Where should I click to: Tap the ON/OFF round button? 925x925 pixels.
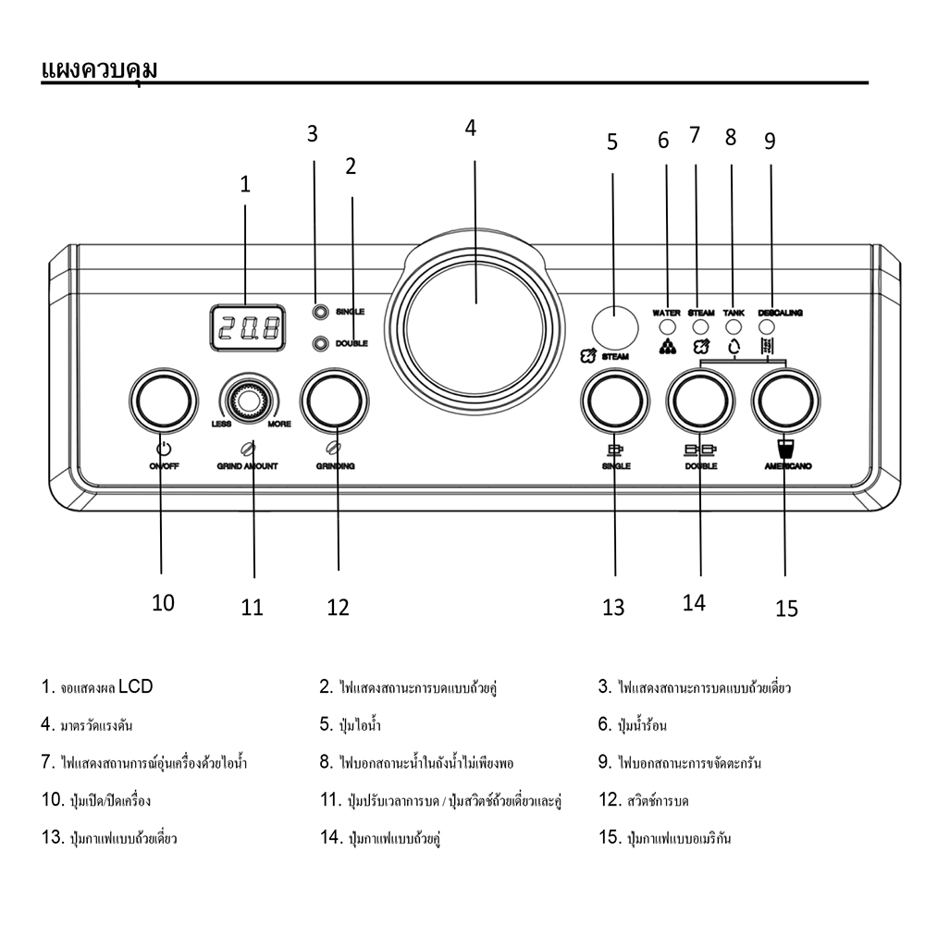pyautogui.click(x=162, y=401)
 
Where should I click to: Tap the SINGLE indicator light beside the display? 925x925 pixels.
pyautogui.click(x=321, y=313)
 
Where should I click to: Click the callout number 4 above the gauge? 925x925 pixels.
pyautogui.click(x=471, y=129)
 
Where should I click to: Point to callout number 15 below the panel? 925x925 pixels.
pyautogui.click(x=786, y=609)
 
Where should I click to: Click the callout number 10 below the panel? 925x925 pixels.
pyautogui.click(x=163, y=603)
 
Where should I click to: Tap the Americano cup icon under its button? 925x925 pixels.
pyautogui.click(x=785, y=449)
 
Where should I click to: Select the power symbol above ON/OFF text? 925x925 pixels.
pyautogui.click(x=163, y=450)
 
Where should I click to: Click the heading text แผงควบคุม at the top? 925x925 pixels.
pyautogui.click(x=99, y=69)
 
